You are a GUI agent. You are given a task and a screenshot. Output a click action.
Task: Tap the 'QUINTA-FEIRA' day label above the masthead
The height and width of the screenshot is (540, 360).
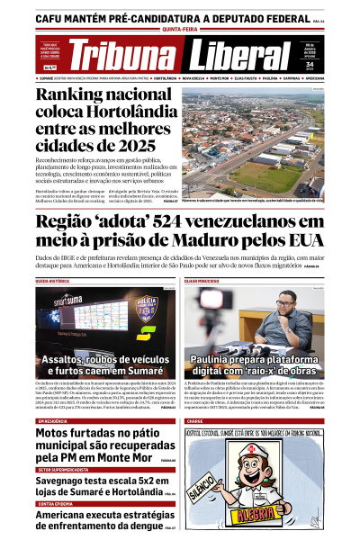click(x=179, y=26)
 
